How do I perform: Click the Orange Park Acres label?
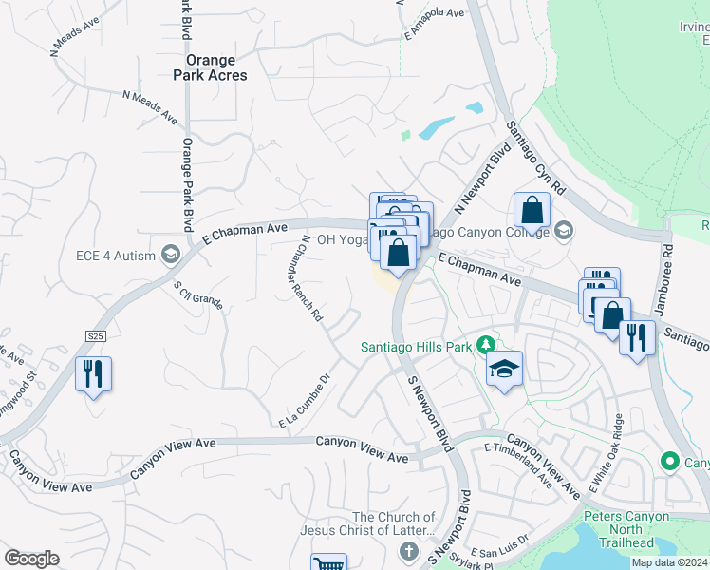[210, 67]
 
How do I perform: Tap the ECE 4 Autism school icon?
[171, 254]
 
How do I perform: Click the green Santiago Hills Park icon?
[486, 344]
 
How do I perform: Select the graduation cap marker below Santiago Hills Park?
[504, 369]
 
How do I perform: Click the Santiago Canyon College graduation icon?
[564, 231]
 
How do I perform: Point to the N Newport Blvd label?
[477, 179]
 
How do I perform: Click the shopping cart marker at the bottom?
[328, 563]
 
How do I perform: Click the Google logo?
[32, 558]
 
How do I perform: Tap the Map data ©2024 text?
[669, 562]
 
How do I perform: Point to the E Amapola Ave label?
[433, 24]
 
